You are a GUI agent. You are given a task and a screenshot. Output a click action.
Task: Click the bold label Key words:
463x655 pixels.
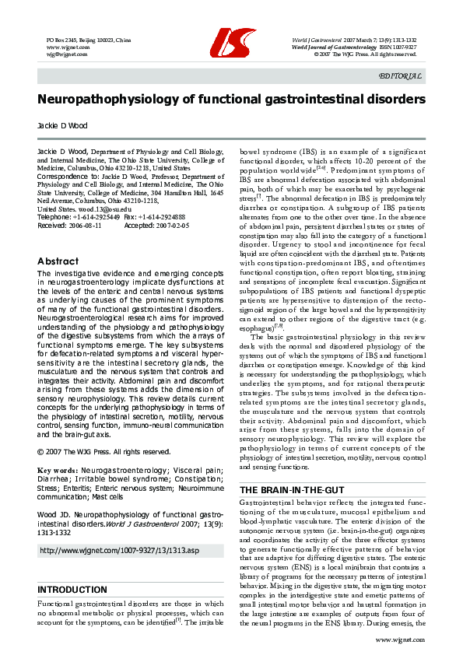[59, 470]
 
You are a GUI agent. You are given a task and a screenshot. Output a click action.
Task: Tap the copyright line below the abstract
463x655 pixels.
[103, 451]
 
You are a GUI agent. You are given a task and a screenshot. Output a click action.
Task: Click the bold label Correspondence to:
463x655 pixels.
[68, 177]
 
